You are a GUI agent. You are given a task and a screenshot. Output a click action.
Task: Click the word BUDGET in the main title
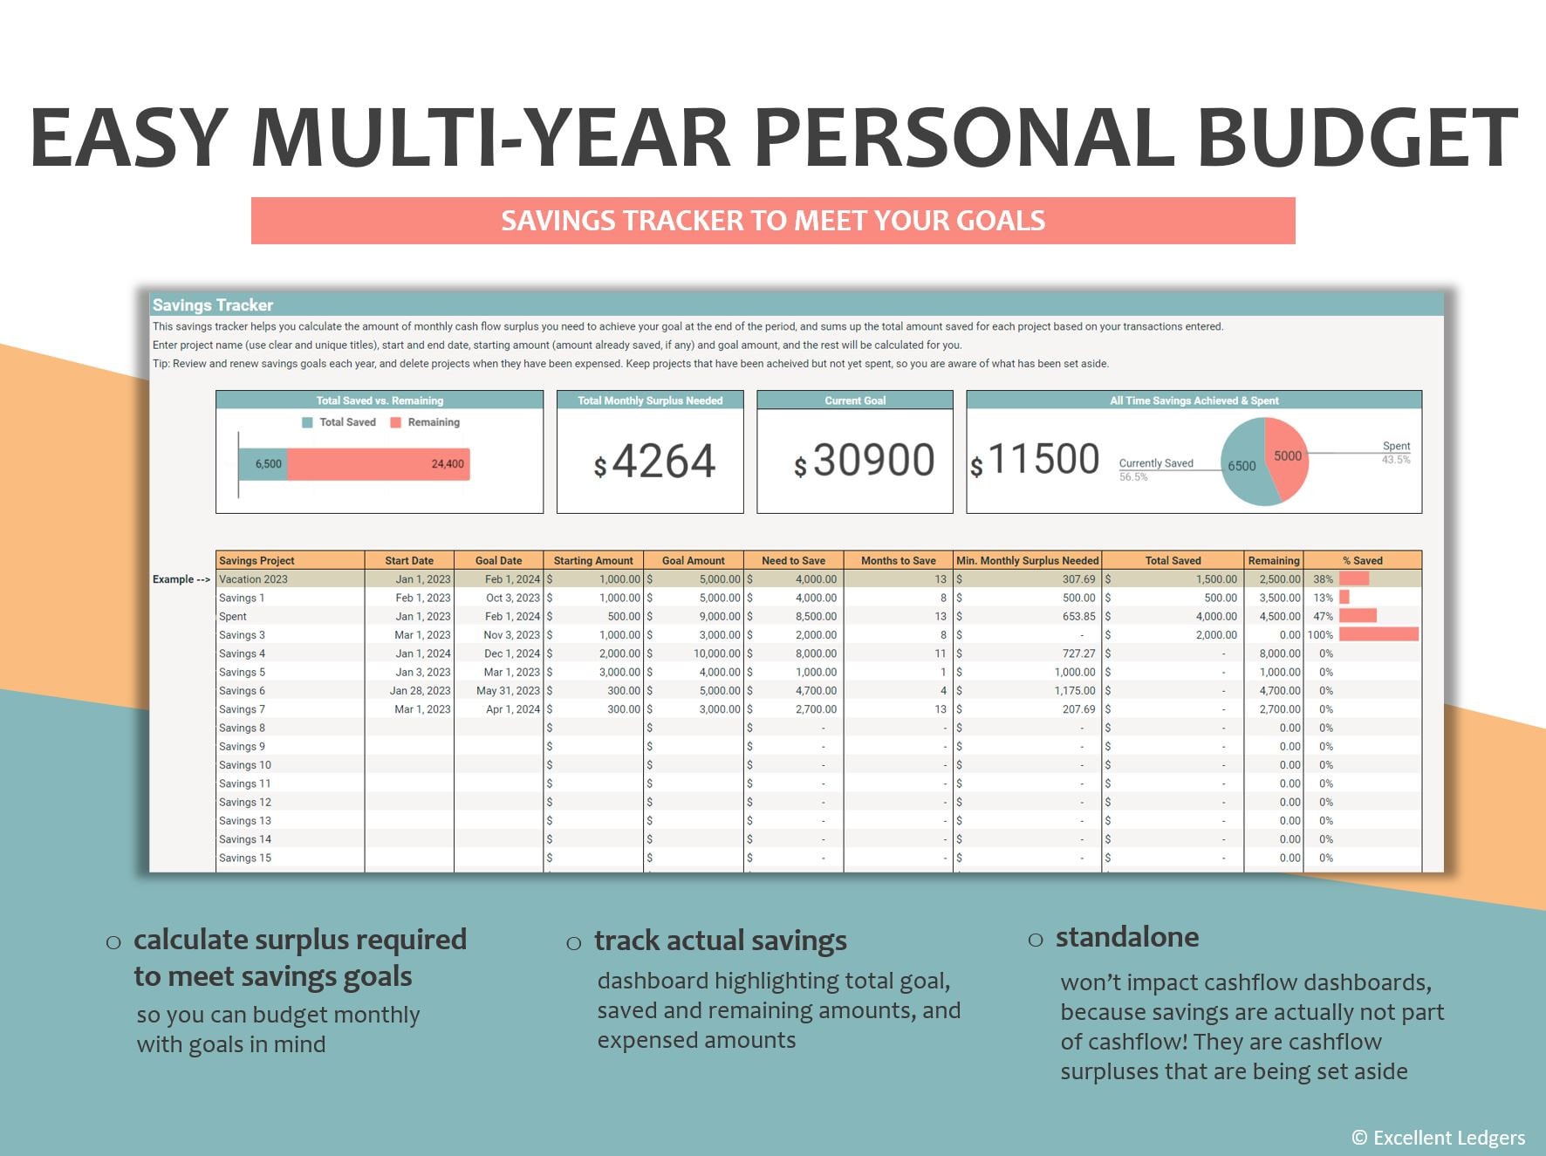[1357, 138]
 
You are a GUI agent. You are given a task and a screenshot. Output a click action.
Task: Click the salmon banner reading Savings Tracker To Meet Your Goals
[773, 221]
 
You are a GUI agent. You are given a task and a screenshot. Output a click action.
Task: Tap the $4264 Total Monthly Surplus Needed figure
[654, 461]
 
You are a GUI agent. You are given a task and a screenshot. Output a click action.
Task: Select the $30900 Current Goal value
[864, 460]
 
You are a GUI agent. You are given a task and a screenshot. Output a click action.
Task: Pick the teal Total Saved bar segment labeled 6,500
[263, 464]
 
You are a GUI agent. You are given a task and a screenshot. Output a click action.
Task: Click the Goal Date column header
[498, 561]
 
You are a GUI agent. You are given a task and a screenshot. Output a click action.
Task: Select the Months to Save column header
[898, 561]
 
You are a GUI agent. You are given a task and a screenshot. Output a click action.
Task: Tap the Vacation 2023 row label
[253, 579]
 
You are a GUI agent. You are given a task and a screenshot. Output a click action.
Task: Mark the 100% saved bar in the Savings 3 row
[1378, 635]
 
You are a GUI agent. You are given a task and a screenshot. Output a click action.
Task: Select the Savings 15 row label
[245, 858]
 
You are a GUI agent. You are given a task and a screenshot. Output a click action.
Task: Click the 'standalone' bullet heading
[1126, 938]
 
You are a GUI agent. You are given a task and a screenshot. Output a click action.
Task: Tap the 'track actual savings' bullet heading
[720, 941]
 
